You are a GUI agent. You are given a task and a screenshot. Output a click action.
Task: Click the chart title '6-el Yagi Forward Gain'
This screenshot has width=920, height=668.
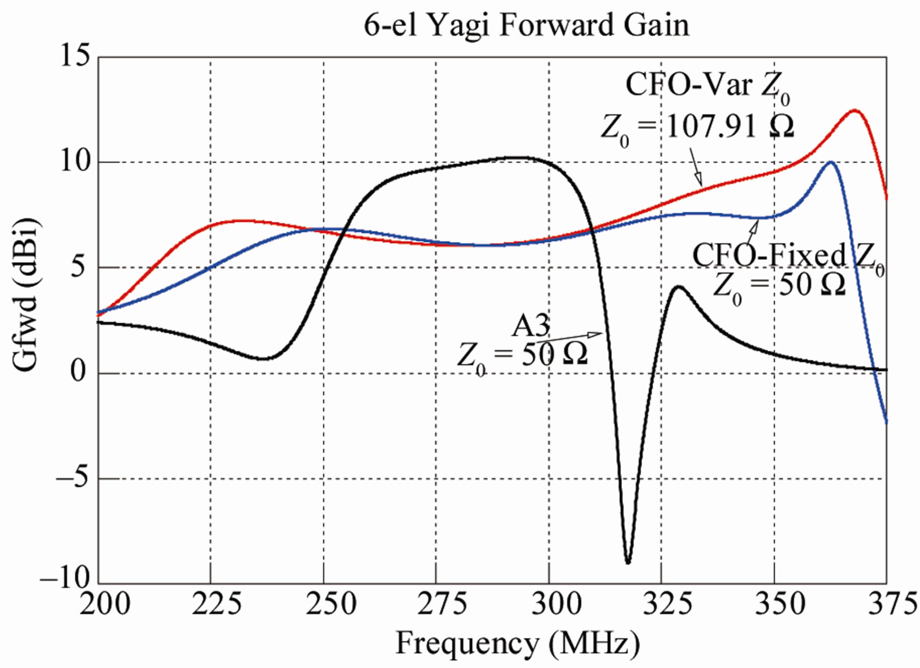[x=526, y=25]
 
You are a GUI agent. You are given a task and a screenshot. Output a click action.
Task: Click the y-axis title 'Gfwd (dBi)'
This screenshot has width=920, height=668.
[x=25, y=295]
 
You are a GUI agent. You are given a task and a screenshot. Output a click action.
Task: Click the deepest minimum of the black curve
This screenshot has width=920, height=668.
[x=628, y=562]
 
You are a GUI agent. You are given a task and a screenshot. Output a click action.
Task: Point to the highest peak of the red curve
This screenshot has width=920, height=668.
[x=854, y=110]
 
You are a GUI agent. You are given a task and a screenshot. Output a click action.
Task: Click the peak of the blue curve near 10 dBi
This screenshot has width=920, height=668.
[x=830, y=162]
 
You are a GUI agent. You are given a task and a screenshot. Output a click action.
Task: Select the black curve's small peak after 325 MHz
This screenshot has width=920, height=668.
[x=679, y=287]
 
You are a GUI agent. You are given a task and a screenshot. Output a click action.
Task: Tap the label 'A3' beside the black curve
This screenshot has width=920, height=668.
[x=530, y=326]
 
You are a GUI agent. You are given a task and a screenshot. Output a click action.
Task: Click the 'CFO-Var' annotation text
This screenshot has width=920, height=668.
[x=689, y=85]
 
